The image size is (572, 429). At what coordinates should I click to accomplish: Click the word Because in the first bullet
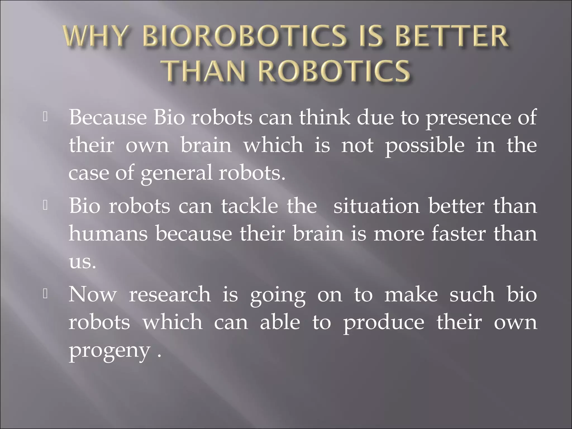tap(108, 117)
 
